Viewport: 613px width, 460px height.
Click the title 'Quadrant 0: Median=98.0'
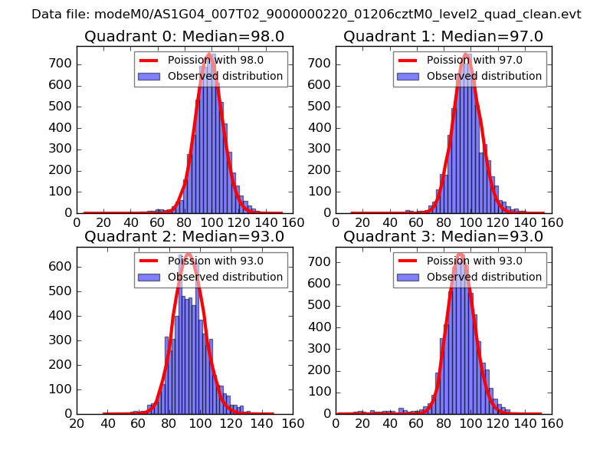(x=184, y=36)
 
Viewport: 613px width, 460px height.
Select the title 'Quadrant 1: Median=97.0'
(x=443, y=36)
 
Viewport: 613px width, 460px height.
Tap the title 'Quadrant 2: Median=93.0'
(x=184, y=236)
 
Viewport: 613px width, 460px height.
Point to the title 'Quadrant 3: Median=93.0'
(x=443, y=236)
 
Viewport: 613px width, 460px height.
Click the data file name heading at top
(x=306, y=14)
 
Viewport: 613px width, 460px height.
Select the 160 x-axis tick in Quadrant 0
(x=293, y=222)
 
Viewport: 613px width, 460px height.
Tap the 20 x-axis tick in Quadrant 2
(x=77, y=423)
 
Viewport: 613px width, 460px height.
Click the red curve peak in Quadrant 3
(x=460, y=255)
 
